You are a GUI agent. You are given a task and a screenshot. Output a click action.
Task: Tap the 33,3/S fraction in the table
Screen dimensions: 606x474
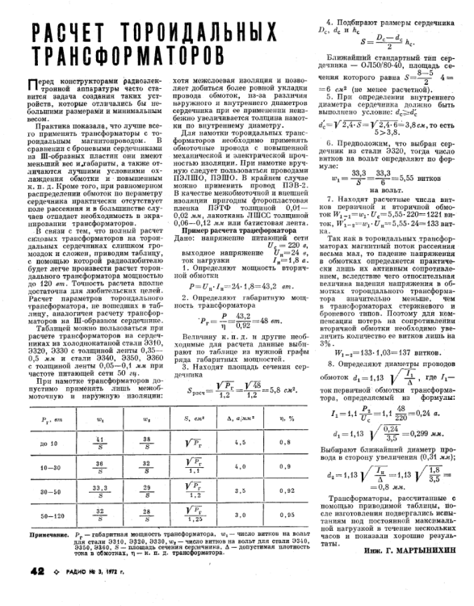coord(100,512)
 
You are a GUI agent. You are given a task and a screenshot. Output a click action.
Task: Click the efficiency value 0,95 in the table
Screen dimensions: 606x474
coord(281,465)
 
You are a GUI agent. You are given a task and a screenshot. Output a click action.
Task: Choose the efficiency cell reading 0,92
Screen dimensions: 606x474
coord(281,512)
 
